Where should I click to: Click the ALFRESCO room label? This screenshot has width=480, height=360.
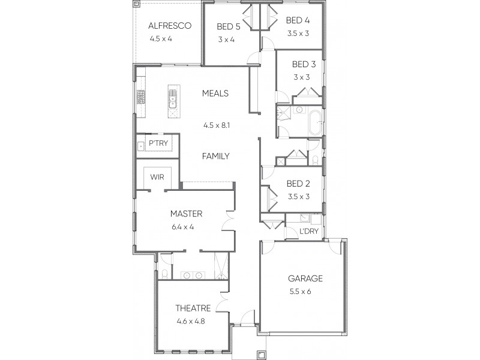[x=170, y=26]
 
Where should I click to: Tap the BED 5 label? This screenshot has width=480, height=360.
[x=228, y=27]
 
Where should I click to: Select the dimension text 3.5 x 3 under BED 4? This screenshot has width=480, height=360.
[x=298, y=33]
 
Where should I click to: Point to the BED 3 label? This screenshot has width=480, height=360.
[x=304, y=64]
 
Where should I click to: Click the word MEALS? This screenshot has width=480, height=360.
[x=215, y=94]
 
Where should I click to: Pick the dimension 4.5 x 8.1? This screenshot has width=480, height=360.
[x=217, y=125]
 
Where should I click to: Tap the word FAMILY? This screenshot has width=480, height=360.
[x=216, y=156]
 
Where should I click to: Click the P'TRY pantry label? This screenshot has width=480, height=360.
[x=158, y=143]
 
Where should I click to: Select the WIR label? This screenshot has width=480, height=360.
[x=157, y=177]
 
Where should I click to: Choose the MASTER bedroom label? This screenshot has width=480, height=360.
[x=185, y=214]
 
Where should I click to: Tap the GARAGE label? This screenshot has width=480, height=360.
[x=305, y=278]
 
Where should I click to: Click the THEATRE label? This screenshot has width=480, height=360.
[x=193, y=308]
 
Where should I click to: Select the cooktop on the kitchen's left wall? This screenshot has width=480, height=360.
[x=141, y=97]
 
